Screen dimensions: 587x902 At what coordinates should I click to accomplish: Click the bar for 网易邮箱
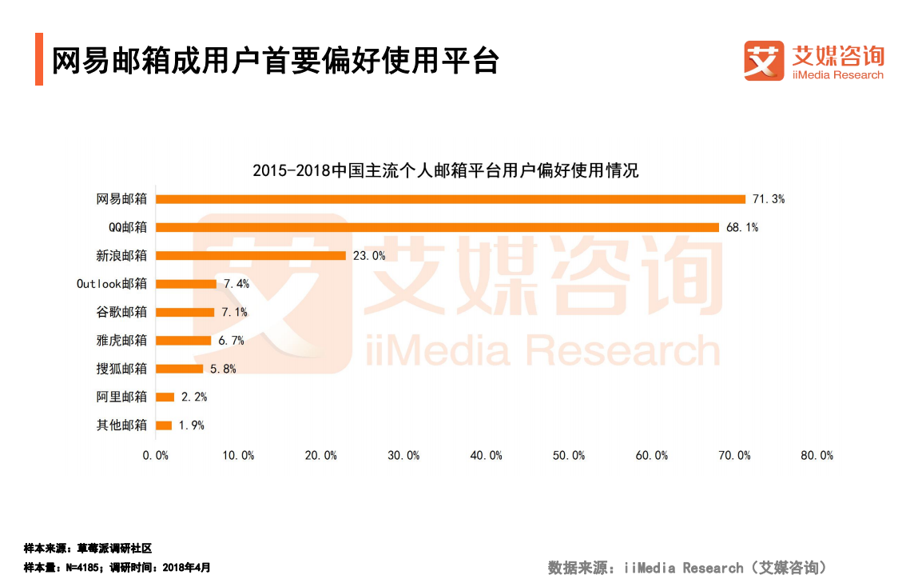(450, 199)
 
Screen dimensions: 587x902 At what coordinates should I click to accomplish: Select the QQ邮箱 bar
(437, 227)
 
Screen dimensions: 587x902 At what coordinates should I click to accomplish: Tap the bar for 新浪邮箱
(250, 256)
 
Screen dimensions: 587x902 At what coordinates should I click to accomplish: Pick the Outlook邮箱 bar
(186, 284)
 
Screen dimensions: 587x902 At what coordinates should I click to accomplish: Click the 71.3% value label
(768, 199)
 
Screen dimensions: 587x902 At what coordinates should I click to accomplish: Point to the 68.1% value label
(741, 227)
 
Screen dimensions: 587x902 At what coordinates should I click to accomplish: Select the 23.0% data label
(368, 256)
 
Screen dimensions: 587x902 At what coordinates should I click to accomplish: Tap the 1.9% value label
(191, 425)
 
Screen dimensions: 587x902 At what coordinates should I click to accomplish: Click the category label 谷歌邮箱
(121, 312)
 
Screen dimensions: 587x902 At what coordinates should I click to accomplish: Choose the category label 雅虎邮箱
(121, 341)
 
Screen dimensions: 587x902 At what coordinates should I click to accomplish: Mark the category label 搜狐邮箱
(121, 369)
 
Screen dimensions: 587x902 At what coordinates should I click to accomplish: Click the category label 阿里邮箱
(121, 397)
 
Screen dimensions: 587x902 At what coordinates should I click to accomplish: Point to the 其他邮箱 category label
(121, 425)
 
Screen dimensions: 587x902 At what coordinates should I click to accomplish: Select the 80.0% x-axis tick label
(817, 455)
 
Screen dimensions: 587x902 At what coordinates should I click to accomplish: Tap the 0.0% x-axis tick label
(156, 455)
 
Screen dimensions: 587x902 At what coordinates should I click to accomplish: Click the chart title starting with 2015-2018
(446, 170)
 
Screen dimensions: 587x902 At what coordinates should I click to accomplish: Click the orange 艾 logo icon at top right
(764, 62)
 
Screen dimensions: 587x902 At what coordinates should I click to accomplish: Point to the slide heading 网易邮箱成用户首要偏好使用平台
(276, 61)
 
